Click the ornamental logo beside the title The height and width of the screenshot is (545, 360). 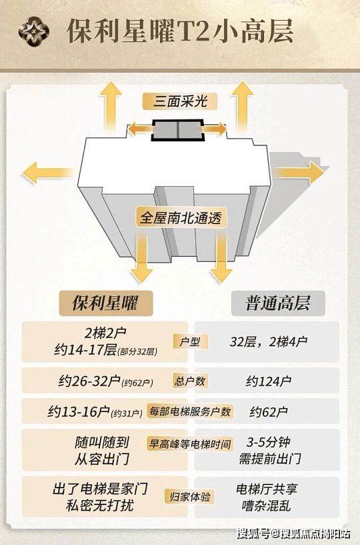click(34, 31)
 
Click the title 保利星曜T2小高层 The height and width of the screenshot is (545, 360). click(180, 31)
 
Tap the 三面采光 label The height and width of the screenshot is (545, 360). click(180, 101)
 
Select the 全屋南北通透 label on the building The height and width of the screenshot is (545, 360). click(181, 217)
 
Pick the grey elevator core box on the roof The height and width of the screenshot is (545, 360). click(178, 130)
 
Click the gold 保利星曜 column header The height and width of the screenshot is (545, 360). click(105, 303)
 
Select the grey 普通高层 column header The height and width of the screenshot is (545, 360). click(277, 303)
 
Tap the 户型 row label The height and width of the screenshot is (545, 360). click(190, 342)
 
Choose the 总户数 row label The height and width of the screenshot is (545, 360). click(190, 382)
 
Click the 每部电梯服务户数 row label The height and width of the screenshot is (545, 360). click(190, 412)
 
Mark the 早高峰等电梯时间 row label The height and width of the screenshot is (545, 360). click(190, 444)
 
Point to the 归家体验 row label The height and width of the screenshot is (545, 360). click(190, 497)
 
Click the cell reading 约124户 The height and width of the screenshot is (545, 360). click(268, 382)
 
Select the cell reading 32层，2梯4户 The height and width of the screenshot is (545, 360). click(268, 342)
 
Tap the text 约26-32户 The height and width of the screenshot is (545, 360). click(89, 382)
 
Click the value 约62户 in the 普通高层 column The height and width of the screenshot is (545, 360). click(268, 412)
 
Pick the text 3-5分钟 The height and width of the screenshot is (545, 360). click(268, 442)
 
